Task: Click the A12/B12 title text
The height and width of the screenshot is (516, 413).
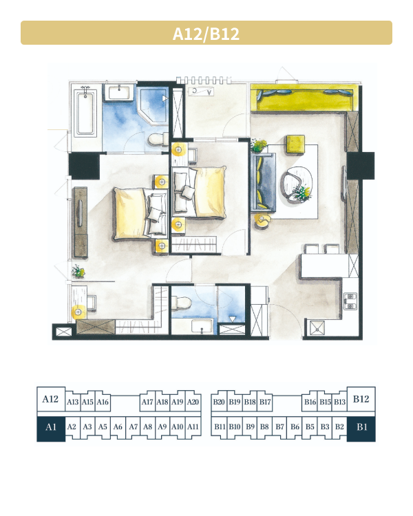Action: [206, 34]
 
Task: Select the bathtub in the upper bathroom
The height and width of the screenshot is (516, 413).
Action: [85, 113]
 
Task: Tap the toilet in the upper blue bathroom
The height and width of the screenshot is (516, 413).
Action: [158, 139]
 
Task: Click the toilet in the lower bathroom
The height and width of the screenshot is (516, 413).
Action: [182, 302]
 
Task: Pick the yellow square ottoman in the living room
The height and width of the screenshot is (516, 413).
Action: [295, 144]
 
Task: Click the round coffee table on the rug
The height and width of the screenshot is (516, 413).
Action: [297, 184]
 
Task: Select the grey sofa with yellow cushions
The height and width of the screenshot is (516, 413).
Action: [263, 182]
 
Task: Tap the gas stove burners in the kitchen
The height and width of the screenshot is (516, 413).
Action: [350, 301]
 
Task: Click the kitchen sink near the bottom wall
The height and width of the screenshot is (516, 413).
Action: [317, 327]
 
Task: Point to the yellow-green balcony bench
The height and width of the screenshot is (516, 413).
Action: [303, 98]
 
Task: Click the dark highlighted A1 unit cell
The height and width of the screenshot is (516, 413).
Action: [51, 429]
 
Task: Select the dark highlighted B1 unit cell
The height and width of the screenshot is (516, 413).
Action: [361, 429]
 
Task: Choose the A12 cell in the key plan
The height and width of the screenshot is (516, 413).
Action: [51, 399]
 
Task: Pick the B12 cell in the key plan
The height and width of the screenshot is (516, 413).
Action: [361, 399]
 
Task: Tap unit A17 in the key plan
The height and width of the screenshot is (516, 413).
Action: [147, 402]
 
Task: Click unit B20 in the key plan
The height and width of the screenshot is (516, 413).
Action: [219, 402]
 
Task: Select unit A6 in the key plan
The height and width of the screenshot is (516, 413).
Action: [118, 427]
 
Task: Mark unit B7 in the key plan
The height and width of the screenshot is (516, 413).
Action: [279, 427]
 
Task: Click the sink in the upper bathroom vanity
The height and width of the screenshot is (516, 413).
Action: [119, 92]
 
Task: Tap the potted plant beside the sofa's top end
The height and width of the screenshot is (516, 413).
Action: [259, 145]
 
